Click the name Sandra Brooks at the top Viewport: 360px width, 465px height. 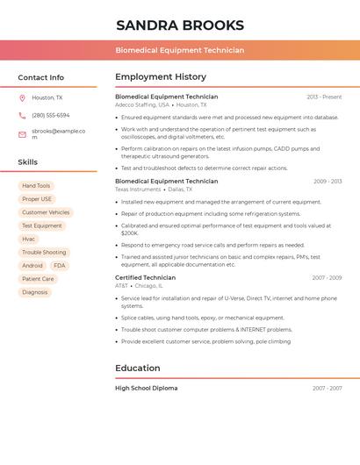[180, 25]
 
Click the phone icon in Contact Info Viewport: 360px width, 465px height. [22, 115]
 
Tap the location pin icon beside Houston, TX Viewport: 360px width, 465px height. [22, 98]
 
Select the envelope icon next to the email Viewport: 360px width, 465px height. [22, 134]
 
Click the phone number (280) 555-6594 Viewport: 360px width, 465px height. [50, 115]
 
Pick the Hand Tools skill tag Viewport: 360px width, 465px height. [36, 186]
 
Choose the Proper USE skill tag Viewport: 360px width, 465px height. [37, 199]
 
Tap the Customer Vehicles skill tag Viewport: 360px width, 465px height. [46, 212]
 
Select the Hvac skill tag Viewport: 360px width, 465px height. [29, 239]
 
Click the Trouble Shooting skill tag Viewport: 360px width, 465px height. [44, 253]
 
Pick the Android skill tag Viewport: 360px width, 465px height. [32, 266]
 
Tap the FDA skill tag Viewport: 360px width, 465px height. [59, 266]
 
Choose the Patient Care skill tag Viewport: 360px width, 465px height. [38, 279]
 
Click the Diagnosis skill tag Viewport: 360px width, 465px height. [35, 292]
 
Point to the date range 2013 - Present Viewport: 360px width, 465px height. [324, 97]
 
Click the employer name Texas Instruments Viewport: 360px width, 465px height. [138, 190]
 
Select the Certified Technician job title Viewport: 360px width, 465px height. [145, 277]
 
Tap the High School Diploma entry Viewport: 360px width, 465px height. [146, 388]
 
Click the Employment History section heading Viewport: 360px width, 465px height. [161, 77]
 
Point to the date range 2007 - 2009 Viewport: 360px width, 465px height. [327, 278]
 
